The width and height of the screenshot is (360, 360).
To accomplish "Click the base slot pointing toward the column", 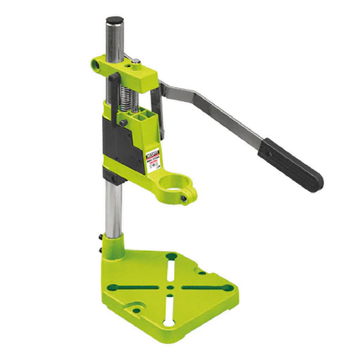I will point(172,265).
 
